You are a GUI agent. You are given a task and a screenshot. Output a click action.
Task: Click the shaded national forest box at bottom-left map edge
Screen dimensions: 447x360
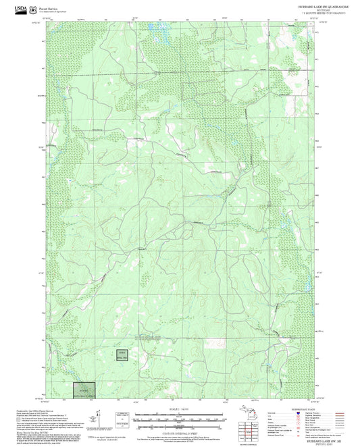(x=84, y=390)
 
